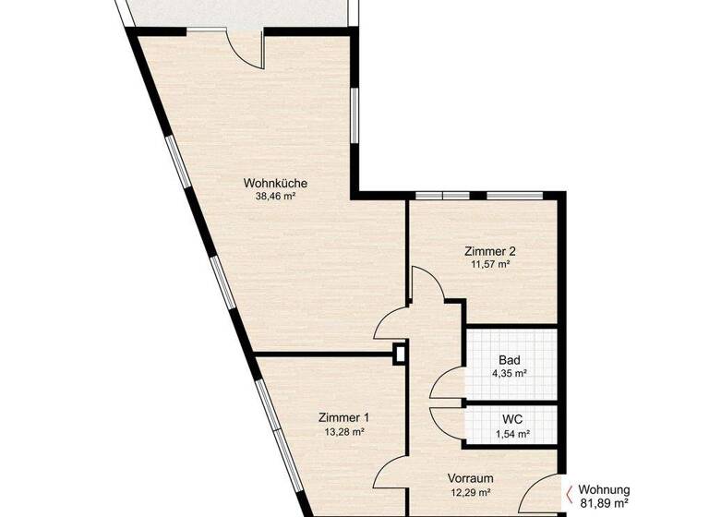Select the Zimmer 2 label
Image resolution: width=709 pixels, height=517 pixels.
point(489,250)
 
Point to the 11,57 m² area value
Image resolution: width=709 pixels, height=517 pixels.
point(489,264)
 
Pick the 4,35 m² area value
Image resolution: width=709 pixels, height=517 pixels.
point(510,374)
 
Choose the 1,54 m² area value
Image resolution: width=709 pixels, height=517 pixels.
point(511,433)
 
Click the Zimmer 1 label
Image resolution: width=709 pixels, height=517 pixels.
point(343,416)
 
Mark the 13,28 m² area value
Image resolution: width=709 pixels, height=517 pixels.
point(343,431)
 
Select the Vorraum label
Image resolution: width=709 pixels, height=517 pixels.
point(470,478)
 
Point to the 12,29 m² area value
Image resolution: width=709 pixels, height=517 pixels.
point(470,493)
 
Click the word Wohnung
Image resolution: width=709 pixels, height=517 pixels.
point(604,490)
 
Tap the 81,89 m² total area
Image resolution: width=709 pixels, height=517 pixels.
point(604,504)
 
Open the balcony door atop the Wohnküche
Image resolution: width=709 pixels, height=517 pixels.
point(246,48)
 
